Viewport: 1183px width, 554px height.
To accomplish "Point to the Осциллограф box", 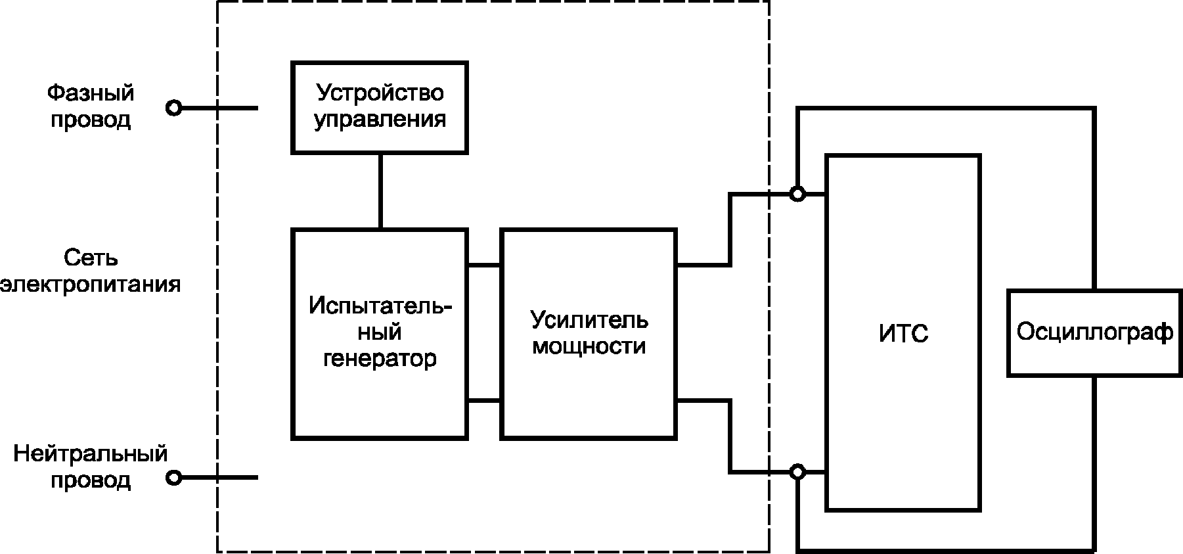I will [1094, 333].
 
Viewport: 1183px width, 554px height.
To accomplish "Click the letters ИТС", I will [903, 333].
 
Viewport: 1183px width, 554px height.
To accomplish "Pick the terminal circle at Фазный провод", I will [173, 108].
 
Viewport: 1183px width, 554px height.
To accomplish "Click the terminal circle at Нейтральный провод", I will [173, 478].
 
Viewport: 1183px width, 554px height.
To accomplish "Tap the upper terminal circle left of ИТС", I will [797, 194].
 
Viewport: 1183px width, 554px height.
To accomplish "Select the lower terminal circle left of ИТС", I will [797, 472].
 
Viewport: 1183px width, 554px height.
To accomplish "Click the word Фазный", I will [91, 93].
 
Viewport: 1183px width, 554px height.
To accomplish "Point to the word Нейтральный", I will [91, 453].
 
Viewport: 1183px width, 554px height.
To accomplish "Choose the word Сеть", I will [91, 257].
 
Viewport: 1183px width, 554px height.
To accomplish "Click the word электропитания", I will [91, 285].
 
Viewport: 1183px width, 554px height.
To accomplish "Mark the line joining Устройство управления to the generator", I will [380, 191].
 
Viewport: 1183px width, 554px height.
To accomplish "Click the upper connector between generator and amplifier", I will [484, 265].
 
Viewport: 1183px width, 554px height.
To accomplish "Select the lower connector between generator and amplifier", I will [484, 400].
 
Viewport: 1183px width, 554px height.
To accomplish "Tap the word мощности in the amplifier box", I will [589, 346].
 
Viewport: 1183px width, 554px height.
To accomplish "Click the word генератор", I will [380, 359].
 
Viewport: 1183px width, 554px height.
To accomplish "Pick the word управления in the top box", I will [380, 120].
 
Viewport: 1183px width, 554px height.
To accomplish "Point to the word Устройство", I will [380, 93].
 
